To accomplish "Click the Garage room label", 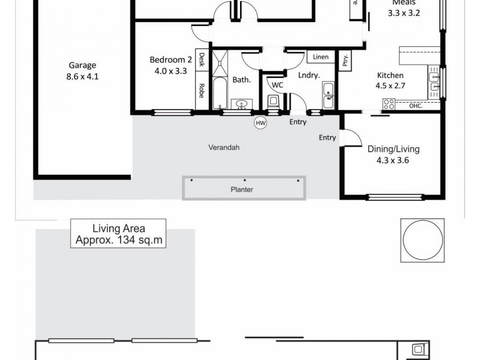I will (82, 66).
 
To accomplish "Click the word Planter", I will (242, 190).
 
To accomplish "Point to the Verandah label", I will (224, 147).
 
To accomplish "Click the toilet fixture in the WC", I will (274, 103).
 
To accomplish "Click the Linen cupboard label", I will (321, 58).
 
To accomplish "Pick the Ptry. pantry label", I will (346, 60).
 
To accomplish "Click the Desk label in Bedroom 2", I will (202, 59).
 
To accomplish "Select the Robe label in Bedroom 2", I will (202, 90).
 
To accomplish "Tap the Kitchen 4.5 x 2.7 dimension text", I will (390, 86).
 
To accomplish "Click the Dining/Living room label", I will (394, 149).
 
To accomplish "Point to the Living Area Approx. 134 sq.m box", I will (119, 234).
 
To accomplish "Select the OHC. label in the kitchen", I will (415, 107).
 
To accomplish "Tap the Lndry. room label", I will (308, 75).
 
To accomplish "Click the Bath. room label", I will (241, 79).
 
